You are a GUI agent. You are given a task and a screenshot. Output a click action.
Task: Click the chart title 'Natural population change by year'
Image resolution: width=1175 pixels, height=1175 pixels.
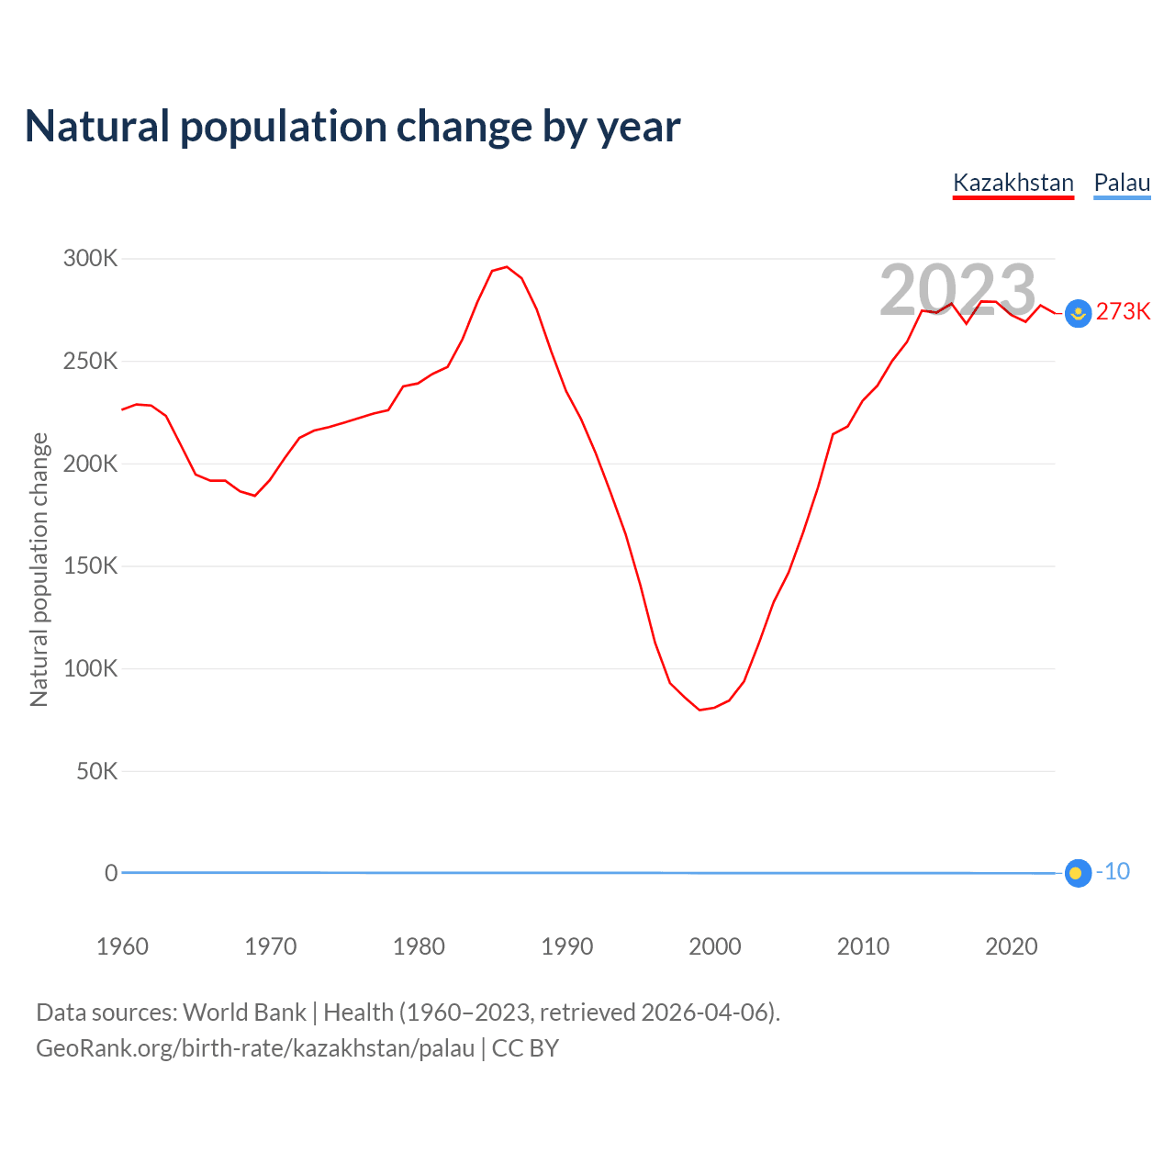(352, 127)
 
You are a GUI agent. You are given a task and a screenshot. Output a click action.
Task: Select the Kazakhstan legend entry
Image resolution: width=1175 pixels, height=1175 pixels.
(1013, 183)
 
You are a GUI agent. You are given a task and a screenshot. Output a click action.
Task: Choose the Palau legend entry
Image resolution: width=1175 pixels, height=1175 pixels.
(1122, 183)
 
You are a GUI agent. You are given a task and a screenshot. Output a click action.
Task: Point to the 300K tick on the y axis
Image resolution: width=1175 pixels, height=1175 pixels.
(91, 259)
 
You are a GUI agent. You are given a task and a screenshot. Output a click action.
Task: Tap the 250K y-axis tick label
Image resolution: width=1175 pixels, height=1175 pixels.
(91, 362)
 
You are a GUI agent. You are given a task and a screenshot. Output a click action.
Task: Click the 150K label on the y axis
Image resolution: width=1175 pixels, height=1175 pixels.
(91, 566)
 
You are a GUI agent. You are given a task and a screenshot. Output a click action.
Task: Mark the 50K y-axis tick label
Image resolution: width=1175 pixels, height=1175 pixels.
(97, 771)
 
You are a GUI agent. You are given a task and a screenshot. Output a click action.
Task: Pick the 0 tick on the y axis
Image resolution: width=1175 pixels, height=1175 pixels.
(111, 873)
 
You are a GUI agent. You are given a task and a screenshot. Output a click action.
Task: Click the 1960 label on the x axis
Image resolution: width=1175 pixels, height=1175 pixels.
(122, 946)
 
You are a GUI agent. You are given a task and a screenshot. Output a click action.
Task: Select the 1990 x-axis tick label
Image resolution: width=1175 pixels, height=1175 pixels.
(566, 946)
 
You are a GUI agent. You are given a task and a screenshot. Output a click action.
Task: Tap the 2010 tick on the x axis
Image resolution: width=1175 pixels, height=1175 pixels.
(863, 946)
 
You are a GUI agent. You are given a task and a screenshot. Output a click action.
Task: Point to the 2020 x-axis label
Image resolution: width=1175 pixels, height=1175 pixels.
(1011, 946)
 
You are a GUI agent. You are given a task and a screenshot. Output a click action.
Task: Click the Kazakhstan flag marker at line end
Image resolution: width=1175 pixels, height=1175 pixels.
(1078, 314)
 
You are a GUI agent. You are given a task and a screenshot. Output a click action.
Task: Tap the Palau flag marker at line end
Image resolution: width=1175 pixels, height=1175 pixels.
(1078, 873)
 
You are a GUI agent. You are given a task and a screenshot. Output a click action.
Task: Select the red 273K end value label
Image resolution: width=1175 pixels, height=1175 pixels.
(1123, 312)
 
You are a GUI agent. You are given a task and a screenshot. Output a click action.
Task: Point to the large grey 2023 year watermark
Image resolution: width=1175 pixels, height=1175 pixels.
(957, 290)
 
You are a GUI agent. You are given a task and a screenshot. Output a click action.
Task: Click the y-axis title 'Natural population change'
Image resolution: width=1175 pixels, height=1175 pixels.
(39, 569)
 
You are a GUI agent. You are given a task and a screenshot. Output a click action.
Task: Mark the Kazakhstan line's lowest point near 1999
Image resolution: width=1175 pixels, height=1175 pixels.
(699, 710)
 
